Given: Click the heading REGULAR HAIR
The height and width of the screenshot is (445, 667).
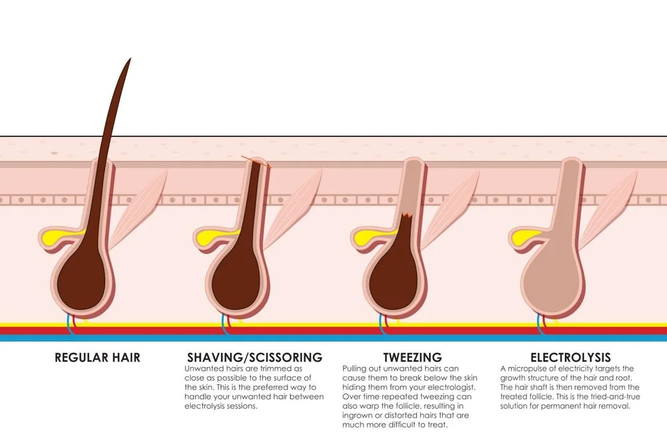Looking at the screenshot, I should (x=97, y=358).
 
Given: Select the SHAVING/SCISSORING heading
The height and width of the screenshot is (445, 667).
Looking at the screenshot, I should (x=254, y=358).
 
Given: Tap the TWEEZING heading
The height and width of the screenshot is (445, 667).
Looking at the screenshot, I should (x=412, y=358).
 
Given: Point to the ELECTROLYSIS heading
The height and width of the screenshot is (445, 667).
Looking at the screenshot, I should (x=570, y=358).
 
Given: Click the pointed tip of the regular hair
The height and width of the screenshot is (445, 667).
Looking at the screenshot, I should (x=129, y=60).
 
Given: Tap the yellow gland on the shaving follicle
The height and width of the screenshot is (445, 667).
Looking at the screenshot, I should (x=207, y=236).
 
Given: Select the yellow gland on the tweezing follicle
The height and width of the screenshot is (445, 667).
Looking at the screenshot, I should (x=364, y=236).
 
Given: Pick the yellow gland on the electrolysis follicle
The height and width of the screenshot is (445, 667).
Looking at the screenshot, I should (x=522, y=236).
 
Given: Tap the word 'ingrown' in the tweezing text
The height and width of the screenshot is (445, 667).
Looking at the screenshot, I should (x=360, y=416).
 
